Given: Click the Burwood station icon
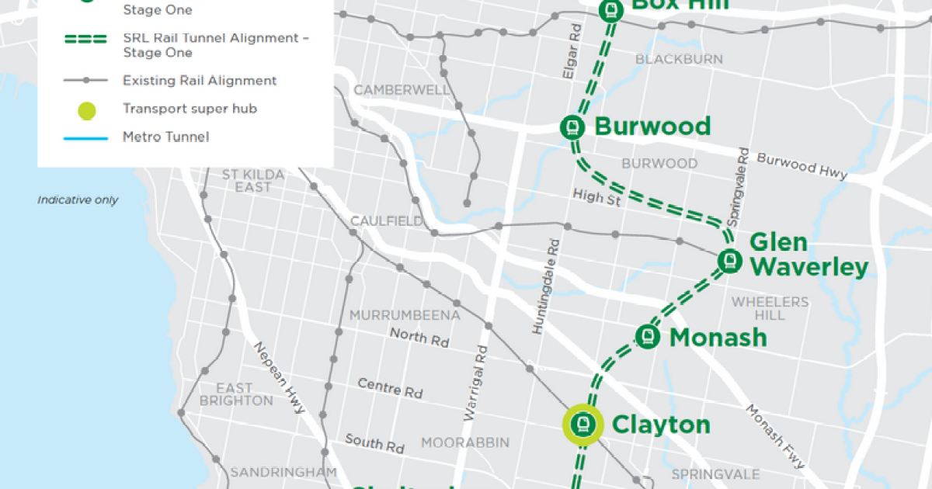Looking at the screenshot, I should (573, 127).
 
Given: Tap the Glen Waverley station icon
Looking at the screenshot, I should (729, 260).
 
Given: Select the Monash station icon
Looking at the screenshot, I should (648, 336).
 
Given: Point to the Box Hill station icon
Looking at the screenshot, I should (611, 9).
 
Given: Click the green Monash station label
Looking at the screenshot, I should (718, 338).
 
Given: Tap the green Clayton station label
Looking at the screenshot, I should (661, 425).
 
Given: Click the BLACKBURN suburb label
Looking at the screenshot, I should (679, 59).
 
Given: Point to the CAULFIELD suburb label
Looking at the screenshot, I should (386, 221).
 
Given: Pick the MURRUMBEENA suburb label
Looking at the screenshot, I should (405, 315).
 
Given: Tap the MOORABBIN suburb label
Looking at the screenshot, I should (465, 442).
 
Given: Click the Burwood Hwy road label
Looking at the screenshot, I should (802, 165).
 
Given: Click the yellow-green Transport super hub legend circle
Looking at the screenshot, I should (86, 109).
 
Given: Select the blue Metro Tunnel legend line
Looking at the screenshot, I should (86, 137).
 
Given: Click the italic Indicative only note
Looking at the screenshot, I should (78, 199).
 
